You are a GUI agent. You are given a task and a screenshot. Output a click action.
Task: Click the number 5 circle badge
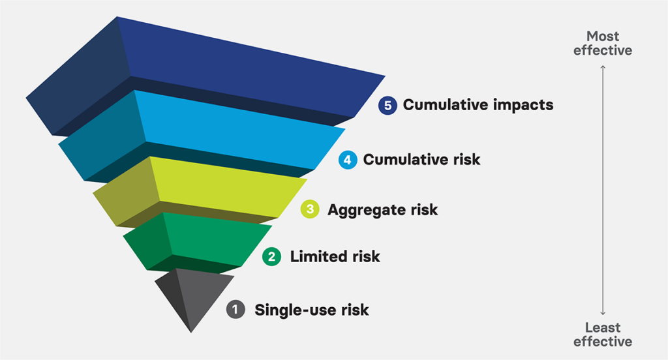coord(387,105)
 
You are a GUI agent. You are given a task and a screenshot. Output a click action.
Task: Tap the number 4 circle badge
coord(348,160)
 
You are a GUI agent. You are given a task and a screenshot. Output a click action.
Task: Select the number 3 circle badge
coord(310,210)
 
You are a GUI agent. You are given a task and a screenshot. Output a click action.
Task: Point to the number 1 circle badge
coord(235,309)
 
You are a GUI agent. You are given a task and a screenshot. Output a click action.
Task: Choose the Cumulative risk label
coord(421,160)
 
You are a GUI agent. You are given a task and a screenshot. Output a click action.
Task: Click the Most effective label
coord(603,43)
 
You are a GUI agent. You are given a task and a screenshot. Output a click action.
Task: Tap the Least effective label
coord(603,335)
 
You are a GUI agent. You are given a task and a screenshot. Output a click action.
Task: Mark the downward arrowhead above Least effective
coord(603,314)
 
